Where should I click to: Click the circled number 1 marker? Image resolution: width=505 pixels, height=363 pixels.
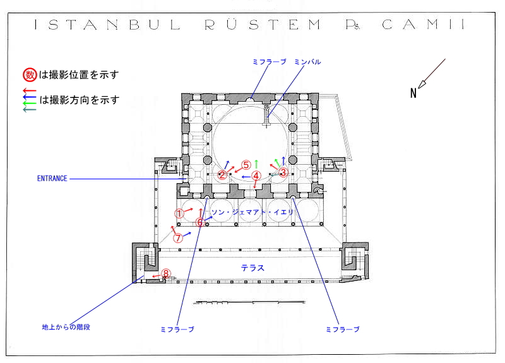point(179,213)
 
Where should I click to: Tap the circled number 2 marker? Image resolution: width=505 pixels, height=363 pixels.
point(222,175)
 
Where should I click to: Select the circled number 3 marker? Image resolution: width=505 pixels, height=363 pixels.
point(283,172)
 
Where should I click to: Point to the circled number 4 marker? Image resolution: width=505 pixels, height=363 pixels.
point(256,176)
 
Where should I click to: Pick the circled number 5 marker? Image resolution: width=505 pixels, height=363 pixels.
point(246,164)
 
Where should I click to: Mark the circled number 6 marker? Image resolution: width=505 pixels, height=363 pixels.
point(200,222)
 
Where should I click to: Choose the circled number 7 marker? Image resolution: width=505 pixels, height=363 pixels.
point(178,238)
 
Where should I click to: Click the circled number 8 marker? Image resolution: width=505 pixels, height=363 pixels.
point(166,273)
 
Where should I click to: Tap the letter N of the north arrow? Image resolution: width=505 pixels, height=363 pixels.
point(414,93)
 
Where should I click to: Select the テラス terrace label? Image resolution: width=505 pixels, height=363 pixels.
point(252,268)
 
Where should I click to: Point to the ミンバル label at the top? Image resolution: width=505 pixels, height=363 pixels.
point(307,62)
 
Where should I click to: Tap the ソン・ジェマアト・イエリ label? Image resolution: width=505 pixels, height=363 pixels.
point(252,212)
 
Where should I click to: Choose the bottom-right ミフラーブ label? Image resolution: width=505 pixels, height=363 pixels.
point(342,330)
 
